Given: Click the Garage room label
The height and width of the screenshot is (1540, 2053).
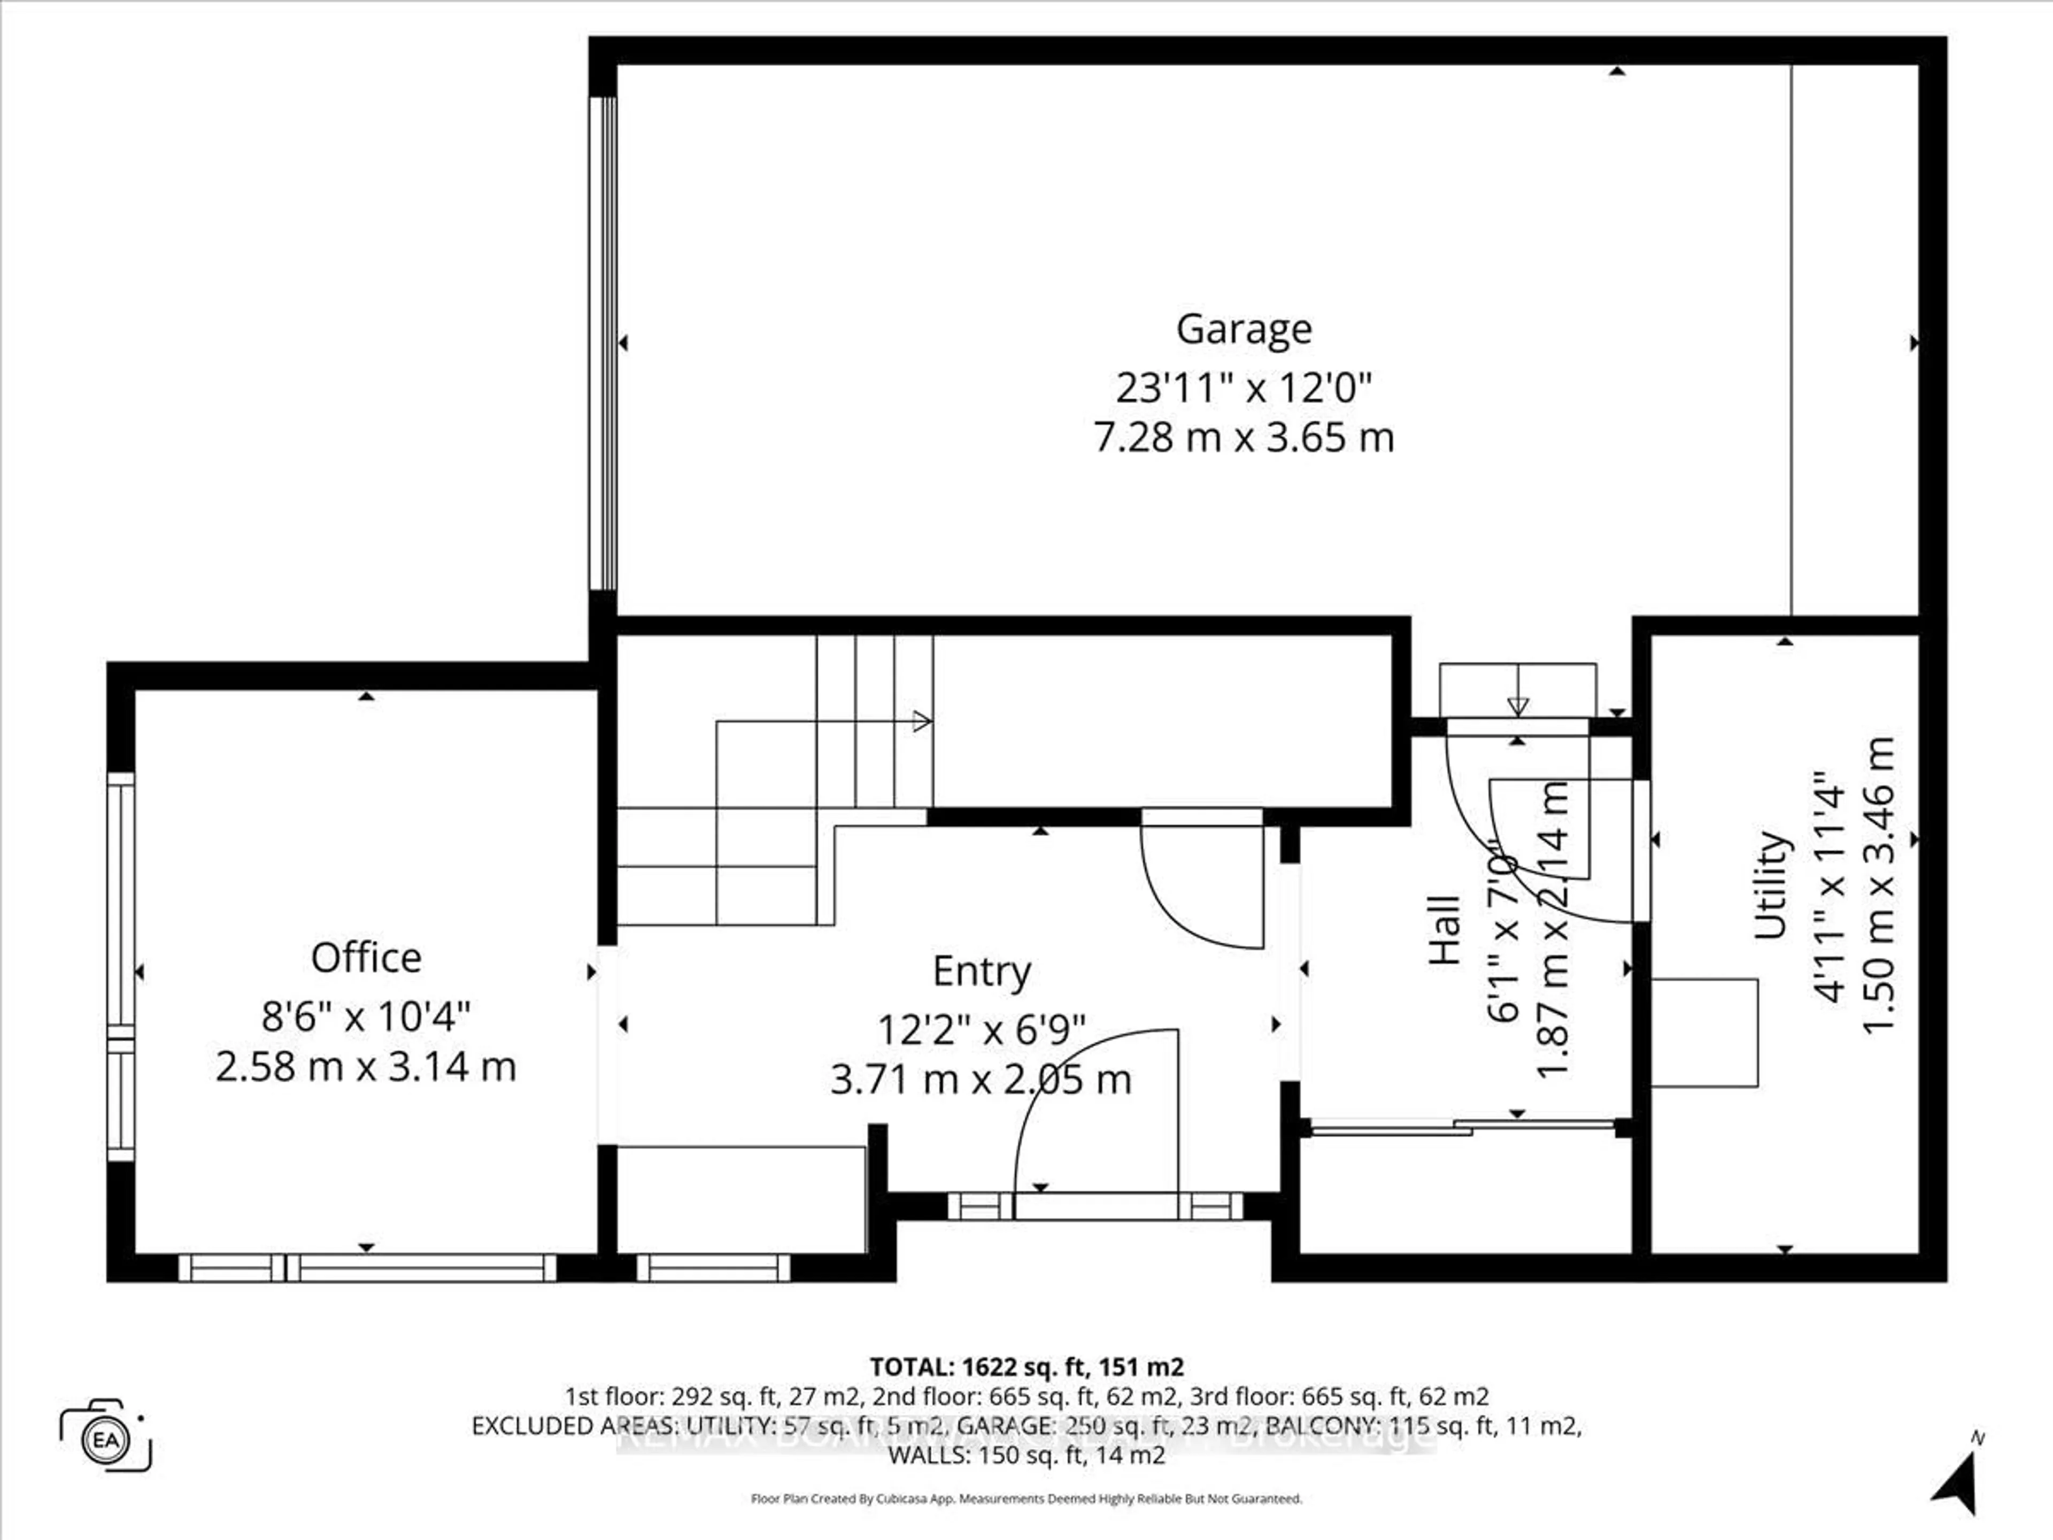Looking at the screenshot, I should coord(1244,329).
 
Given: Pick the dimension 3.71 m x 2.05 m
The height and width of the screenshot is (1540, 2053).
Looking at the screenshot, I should coord(981,1080).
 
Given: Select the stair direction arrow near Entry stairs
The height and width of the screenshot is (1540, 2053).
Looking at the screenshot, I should coord(921,721).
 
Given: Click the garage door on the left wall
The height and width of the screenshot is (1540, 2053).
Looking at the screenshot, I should coord(604,343).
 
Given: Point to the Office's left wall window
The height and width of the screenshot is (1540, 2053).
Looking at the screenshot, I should coord(121,965).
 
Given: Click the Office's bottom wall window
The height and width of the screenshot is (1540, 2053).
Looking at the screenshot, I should coord(367,1268).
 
